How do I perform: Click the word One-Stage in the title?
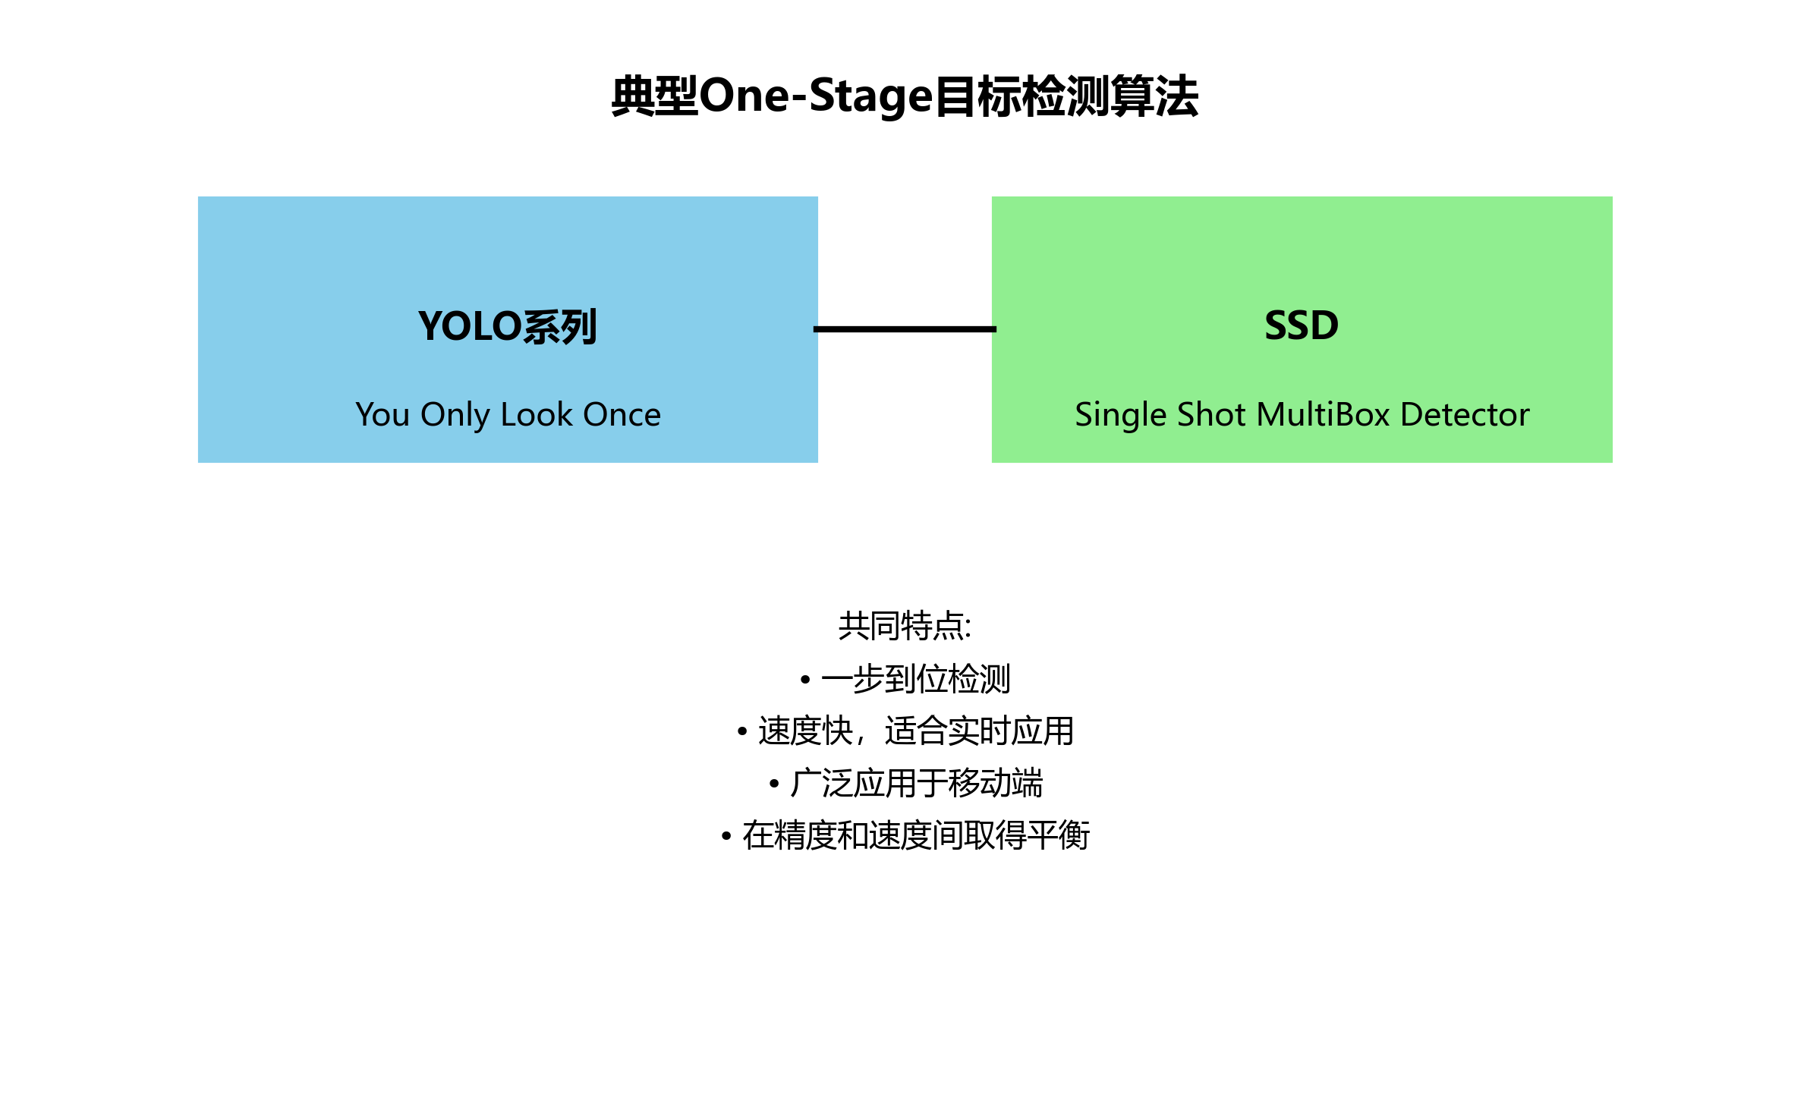tap(815, 96)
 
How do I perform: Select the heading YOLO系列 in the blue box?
tap(508, 326)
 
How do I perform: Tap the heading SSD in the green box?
tap(1302, 325)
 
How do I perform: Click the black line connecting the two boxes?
tap(905, 329)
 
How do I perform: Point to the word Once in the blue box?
tap(622, 414)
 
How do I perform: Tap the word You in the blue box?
tap(382, 414)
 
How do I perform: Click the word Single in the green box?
tap(1120, 415)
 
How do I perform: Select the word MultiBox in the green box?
tap(1324, 414)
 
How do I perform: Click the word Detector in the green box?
tap(1465, 414)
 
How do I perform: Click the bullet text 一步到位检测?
tap(915, 679)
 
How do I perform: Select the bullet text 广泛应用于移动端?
tap(916, 784)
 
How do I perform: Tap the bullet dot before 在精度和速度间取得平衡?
tap(726, 836)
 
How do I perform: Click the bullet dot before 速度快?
tap(742, 732)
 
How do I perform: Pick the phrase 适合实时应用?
tap(979, 731)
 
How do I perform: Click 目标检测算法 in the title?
tap(1066, 96)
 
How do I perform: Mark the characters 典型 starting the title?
tap(654, 96)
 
